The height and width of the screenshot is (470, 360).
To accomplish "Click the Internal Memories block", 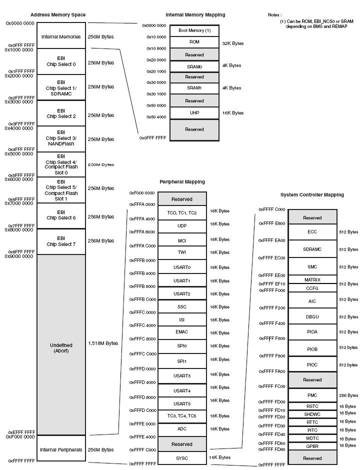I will (61, 36).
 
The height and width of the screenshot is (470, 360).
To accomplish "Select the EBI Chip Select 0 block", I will (61, 61).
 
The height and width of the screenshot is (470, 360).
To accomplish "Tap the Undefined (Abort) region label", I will (61, 348).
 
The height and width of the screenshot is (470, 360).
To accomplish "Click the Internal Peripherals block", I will (61, 449).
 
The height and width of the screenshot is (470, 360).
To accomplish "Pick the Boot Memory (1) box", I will (194, 30).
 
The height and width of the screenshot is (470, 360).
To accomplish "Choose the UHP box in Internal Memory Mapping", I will (194, 113).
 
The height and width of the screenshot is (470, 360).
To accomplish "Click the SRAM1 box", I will (194, 88).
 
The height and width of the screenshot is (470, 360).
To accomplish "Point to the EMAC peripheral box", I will (182, 332).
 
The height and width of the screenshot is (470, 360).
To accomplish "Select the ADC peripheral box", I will (182, 429).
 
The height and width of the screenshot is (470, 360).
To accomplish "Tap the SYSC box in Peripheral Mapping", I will (182, 457).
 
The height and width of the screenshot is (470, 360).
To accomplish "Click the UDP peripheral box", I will (182, 226).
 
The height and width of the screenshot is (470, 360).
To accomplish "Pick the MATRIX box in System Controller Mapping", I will (312, 279).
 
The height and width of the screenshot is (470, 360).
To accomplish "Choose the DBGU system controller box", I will (312, 317).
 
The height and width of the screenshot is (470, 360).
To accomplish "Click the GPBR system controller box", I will (312, 445).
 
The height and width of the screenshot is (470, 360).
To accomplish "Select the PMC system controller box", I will (312, 395).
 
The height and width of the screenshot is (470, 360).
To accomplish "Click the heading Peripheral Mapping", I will (182, 182).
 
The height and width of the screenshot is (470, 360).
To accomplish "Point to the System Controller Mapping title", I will (312, 195).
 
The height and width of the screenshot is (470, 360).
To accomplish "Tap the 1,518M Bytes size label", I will (103, 343).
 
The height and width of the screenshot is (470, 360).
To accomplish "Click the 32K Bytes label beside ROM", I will (233, 43).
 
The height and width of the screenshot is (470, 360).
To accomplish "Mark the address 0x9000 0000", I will (19, 256).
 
